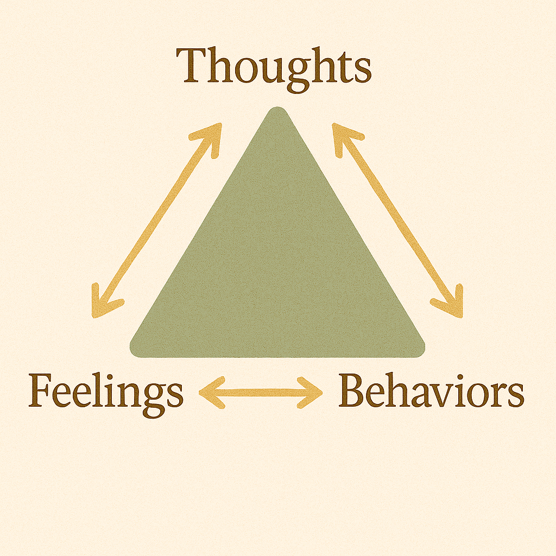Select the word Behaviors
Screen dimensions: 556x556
431,391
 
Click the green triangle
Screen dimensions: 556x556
277,255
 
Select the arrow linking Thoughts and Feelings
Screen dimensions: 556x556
157,220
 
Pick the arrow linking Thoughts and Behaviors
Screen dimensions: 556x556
398,220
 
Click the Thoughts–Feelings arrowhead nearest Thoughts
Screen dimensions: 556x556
213,132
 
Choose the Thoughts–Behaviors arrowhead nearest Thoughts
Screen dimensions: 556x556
340,132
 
